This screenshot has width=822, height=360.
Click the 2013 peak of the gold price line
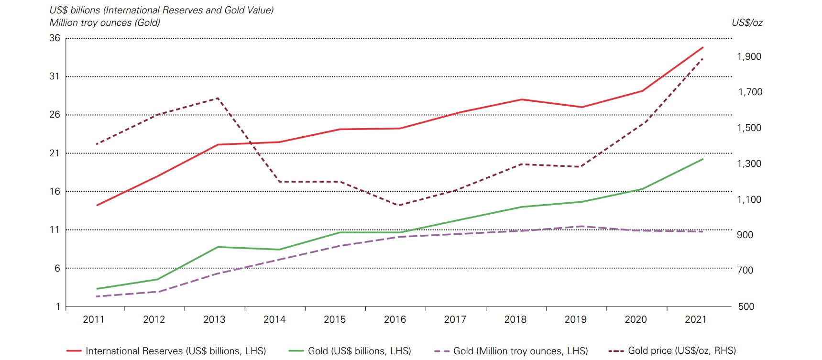[218, 98]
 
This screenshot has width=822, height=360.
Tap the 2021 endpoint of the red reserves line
[703, 47]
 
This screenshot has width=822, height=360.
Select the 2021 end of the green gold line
[703, 159]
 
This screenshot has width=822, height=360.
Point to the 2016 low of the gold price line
[399, 206]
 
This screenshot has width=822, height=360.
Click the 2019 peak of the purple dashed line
[581, 226]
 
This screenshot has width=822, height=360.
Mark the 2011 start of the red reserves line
[97, 206]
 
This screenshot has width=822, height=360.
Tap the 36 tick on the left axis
[55, 38]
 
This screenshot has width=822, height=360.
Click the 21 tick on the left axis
[55, 153]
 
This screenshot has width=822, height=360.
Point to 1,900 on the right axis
[749, 56]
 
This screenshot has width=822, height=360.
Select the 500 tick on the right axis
[746, 306]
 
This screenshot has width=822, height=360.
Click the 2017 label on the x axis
[455, 319]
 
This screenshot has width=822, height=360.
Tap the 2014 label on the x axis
[274, 319]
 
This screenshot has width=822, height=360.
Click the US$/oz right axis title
[747, 22]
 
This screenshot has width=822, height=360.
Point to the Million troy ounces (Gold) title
[105, 22]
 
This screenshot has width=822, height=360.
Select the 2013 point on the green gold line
[218, 247]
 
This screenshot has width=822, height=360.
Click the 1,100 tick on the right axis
[749, 199]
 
